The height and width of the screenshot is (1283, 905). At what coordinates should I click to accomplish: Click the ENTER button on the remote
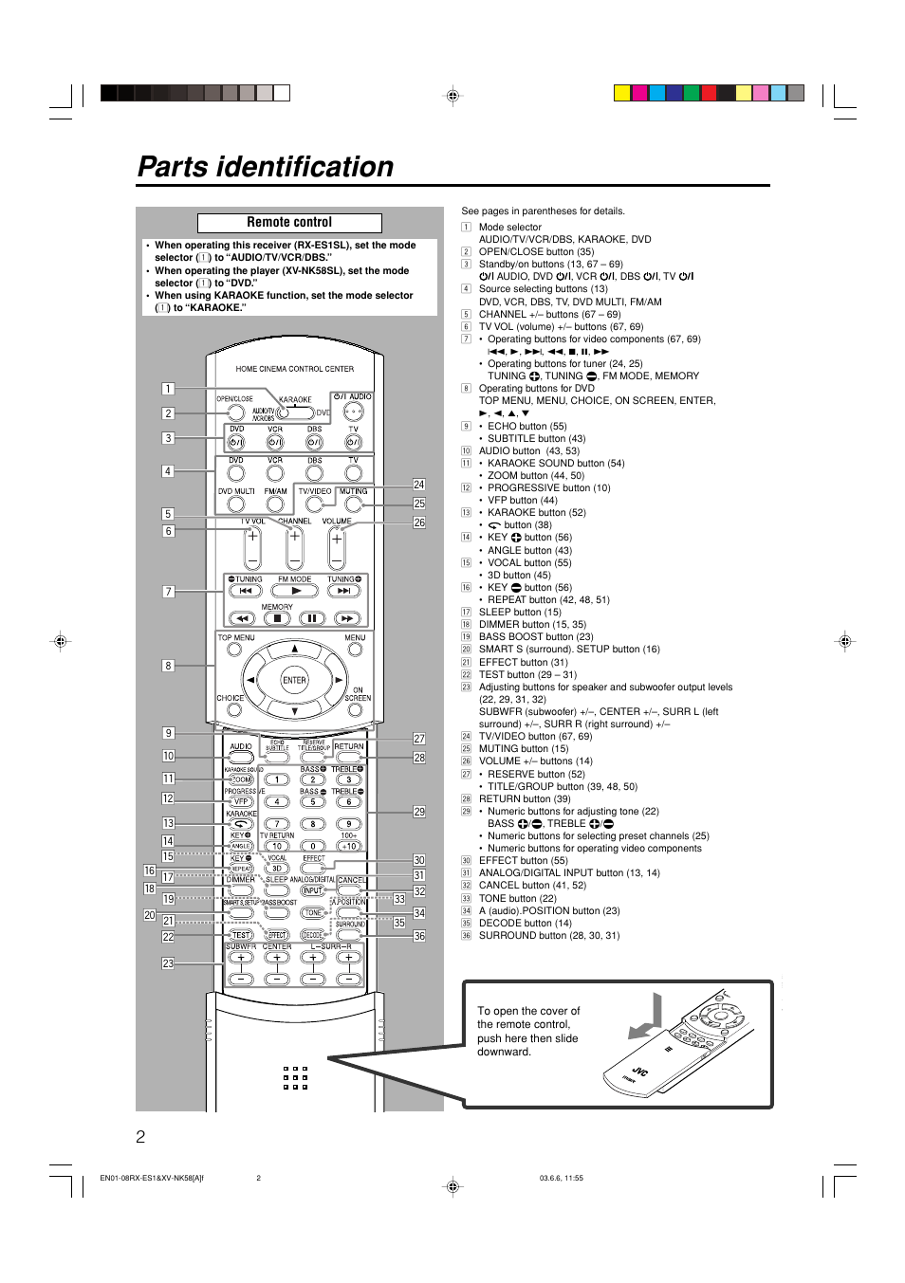click(294, 680)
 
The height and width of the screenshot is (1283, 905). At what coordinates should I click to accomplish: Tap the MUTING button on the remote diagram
click(353, 504)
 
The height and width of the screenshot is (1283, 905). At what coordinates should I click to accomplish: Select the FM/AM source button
click(275, 504)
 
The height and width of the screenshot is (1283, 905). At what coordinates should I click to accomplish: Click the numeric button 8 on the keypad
click(312, 824)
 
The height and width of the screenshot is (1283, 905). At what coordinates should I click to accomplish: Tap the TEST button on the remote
click(241, 935)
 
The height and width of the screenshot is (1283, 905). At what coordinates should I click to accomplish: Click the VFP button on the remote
click(241, 801)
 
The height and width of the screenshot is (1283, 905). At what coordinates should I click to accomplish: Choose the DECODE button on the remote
click(312, 935)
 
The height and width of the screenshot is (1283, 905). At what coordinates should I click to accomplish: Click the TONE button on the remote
click(312, 912)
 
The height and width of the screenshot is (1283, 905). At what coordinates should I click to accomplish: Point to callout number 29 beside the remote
click(419, 812)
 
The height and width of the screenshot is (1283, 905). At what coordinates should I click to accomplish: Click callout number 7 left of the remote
click(168, 592)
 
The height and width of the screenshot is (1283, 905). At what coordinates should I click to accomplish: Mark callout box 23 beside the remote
click(168, 963)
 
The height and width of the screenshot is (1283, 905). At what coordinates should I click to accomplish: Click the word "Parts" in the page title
click(173, 167)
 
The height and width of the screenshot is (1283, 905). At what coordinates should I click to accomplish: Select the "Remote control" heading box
click(289, 223)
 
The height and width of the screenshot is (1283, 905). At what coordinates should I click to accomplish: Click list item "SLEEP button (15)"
click(520, 613)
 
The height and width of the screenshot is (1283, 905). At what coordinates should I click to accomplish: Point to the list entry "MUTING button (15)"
click(523, 749)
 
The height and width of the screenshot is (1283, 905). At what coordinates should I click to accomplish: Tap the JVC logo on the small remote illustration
click(639, 1072)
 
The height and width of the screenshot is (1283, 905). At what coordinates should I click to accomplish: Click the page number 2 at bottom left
click(141, 1137)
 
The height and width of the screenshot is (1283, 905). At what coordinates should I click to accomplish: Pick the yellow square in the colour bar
click(622, 93)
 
